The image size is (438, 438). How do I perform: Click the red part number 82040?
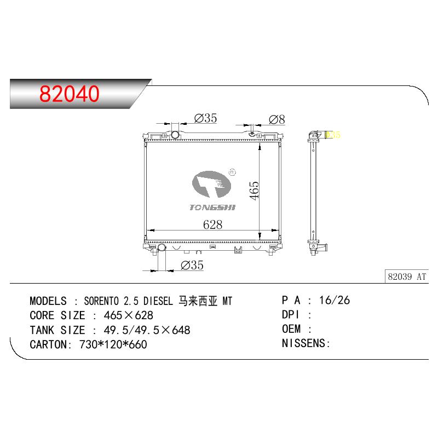point(70,94)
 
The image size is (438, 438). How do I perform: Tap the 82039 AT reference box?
point(407,276)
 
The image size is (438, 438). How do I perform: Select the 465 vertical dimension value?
point(254,191)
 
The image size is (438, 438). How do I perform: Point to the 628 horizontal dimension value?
point(212,224)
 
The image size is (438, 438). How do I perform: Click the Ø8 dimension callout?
point(277,119)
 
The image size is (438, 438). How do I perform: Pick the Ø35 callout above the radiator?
point(206,118)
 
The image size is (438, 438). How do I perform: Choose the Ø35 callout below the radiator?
point(192,265)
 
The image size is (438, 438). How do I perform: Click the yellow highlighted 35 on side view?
point(333,135)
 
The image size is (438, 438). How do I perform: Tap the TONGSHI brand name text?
point(212,208)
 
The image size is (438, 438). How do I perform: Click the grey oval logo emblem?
point(211,184)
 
